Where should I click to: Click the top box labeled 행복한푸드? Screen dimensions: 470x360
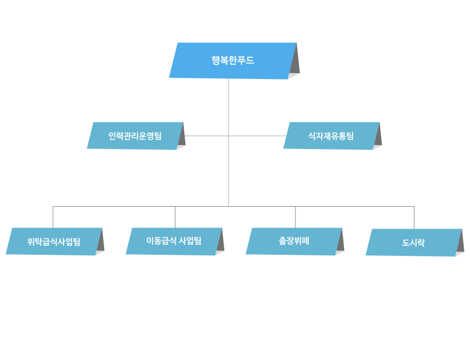pyautogui.click(x=233, y=61)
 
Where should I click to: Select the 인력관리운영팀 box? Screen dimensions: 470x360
pyautogui.click(x=135, y=136)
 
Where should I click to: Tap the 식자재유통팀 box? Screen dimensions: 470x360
pyautogui.click(x=331, y=136)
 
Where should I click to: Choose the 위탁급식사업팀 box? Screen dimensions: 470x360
pyautogui.click(x=54, y=241)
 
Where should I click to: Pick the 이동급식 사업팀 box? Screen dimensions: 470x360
pyautogui.click(x=174, y=241)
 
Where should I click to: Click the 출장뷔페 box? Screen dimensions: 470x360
pyautogui.click(x=294, y=241)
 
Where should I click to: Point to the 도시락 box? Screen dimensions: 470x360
pyautogui.click(x=413, y=242)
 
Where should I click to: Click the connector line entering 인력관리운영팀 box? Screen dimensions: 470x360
pyautogui.click(x=207, y=136)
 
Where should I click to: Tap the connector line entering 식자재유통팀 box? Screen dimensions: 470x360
pyautogui.click(x=257, y=136)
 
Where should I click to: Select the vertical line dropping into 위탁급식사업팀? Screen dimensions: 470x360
pyautogui.click(x=53, y=217)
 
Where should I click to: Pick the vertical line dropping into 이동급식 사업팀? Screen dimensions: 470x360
pyautogui.click(x=175, y=217)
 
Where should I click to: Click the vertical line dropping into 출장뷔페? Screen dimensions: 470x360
pyautogui.click(x=295, y=217)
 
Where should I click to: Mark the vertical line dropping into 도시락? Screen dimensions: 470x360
pyautogui.click(x=414, y=217)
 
